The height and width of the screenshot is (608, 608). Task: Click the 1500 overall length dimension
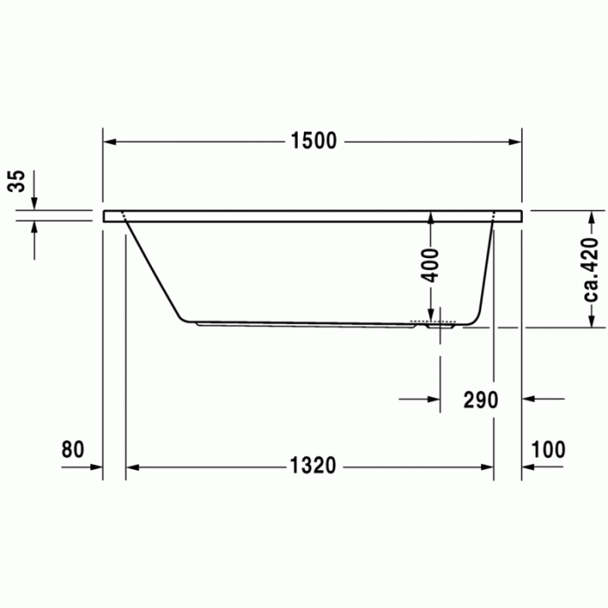pyautogui.click(x=314, y=141)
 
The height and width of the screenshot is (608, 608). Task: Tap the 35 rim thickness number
pyautogui.click(x=17, y=181)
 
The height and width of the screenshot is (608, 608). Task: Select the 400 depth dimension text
pyautogui.click(x=431, y=265)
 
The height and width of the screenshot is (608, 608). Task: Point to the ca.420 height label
pyautogui.click(x=591, y=270)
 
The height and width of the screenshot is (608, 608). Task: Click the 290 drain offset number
pyautogui.click(x=481, y=400)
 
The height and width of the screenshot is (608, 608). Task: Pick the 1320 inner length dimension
pyautogui.click(x=313, y=466)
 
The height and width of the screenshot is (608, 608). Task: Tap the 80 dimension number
pyautogui.click(x=72, y=449)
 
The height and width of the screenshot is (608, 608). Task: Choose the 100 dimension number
pyautogui.click(x=548, y=449)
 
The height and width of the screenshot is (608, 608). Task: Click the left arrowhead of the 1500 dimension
pyautogui.click(x=109, y=142)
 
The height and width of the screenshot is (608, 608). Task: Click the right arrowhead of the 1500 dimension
pyautogui.click(x=515, y=142)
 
